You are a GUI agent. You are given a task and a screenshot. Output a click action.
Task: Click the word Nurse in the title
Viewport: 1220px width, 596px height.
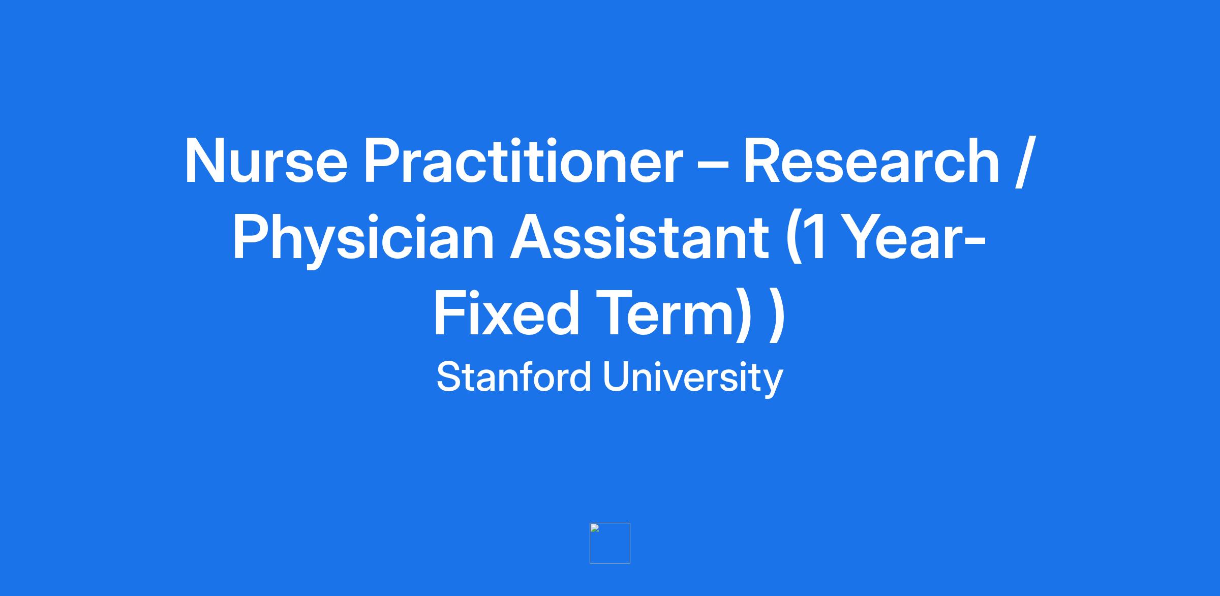266,160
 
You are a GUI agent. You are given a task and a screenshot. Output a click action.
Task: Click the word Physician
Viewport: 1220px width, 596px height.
363,239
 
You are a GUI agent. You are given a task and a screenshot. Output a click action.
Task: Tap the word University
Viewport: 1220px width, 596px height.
693,379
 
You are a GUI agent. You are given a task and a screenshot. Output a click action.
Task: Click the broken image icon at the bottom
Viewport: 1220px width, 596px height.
609,543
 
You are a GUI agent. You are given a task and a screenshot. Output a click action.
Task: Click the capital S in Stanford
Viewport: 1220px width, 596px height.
448,377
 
